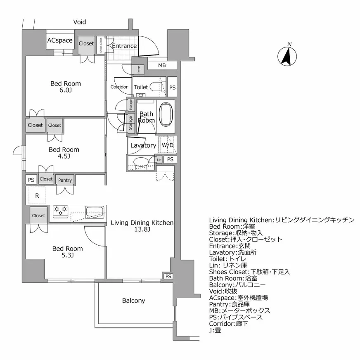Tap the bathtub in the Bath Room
[167, 114]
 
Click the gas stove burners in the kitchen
[60, 212]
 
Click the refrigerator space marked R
[37, 196]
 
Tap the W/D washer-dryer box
[167, 145]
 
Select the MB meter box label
[162, 66]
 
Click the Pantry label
[65, 180]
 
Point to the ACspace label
[59, 40]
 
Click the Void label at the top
[80, 22]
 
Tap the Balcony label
[133, 301]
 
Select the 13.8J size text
[142, 230]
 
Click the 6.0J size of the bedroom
[66, 90]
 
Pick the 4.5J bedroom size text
[64, 156]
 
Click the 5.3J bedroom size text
[67, 256]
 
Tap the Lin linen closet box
[159, 159]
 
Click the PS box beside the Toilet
[173, 87]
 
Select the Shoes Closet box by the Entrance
[101, 46]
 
